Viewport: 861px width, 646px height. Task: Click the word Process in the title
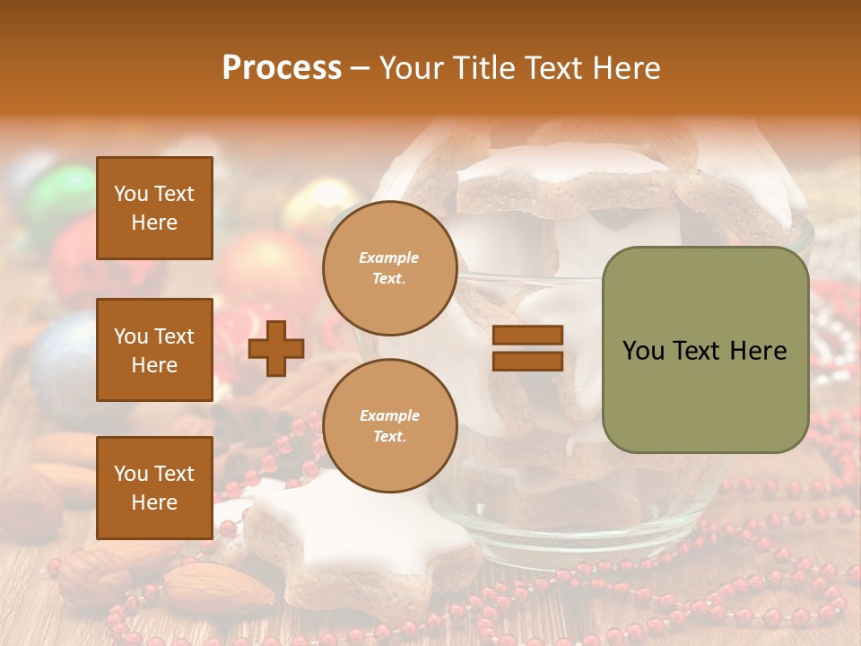tap(282, 67)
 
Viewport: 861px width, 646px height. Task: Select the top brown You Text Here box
tap(154, 208)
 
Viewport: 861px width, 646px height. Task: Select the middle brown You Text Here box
tap(154, 350)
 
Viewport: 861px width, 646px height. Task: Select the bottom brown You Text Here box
tap(154, 488)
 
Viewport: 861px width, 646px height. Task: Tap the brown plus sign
tap(276, 349)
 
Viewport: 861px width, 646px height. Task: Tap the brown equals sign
tap(527, 349)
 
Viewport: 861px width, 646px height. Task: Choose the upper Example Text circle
tap(389, 268)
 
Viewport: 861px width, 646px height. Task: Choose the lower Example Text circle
tap(389, 425)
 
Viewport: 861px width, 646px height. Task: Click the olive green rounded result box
tap(705, 349)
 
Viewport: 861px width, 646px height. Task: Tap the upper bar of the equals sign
tap(527, 336)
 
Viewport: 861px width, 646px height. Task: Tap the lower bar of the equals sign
tap(527, 362)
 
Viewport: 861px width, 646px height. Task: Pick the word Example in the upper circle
tap(388, 258)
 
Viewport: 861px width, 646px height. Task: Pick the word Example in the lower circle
tap(389, 415)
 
